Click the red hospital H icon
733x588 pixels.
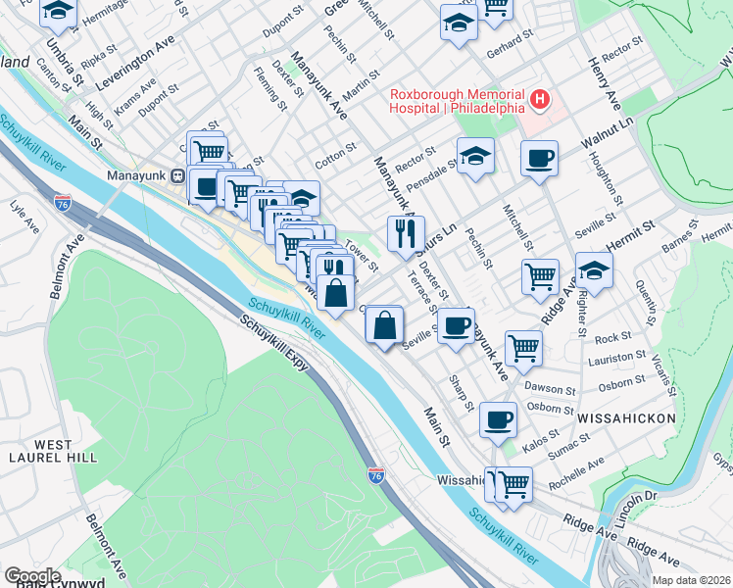click(538, 99)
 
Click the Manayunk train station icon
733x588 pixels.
click(178, 176)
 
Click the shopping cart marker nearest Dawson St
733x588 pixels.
click(523, 347)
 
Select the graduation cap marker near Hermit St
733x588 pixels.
click(594, 269)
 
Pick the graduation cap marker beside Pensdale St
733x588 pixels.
click(475, 156)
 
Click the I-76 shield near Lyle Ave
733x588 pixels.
click(62, 201)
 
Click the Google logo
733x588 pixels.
click(31, 575)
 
